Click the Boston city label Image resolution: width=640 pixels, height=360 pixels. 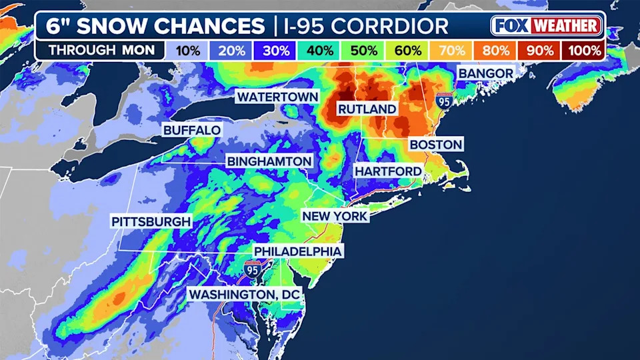(x=435, y=145)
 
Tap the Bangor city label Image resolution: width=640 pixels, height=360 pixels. (x=485, y=73)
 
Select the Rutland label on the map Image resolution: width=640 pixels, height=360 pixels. (x=367, y=109)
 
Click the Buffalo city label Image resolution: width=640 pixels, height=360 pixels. (x=192, y=130)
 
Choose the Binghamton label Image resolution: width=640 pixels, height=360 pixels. (x=269, y=162)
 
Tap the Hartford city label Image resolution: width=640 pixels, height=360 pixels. (x=388, y=171)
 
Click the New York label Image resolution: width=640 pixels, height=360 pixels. (x=335, y=216)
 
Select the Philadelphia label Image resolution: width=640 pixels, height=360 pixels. (x=298, y=251)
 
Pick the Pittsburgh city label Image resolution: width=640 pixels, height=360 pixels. (x=151, y=221)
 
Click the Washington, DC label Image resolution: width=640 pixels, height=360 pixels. (x=245, y=294)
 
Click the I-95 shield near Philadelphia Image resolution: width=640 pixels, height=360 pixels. (x=252, y=270)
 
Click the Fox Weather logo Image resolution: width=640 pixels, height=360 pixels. (x=547, y=27)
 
